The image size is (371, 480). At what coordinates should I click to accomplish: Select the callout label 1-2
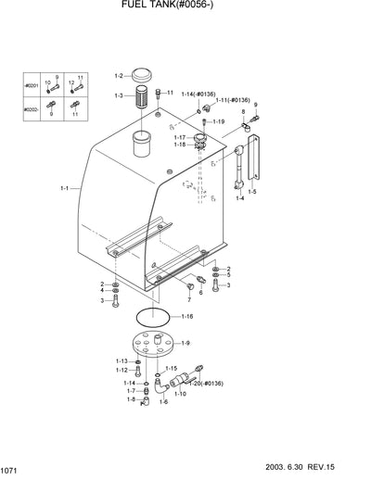tap(119, 75)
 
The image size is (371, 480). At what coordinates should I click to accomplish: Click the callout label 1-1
tap(66, 188)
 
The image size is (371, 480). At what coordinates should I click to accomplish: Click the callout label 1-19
tap(218, 121)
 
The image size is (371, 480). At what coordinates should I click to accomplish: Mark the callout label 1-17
tap(179, 137)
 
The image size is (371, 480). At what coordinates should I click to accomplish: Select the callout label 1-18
tap(179, 145)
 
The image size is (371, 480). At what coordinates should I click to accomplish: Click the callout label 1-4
tap(239, 197)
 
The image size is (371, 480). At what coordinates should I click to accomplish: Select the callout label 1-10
tap(180, 394)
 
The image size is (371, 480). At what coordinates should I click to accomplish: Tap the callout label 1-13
tap(122, 360)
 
